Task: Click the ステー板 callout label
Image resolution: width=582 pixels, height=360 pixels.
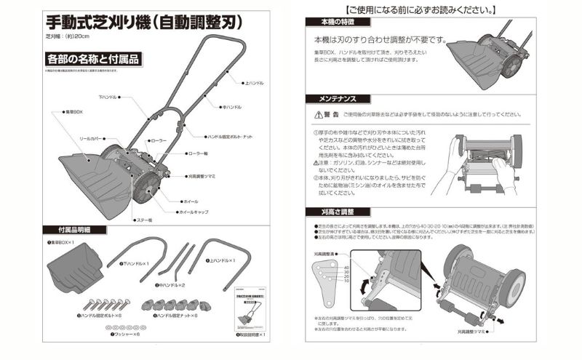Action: pyautogui.click(x=144, y=219)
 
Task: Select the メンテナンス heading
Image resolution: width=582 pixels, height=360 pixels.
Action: pyautogui.click(x=333, y=98)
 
